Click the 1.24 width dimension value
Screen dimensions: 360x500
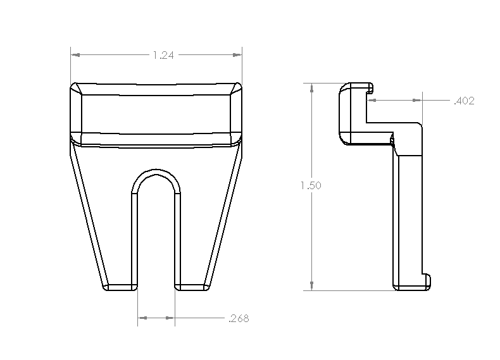point(163,56)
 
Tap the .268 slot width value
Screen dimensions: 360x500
point(238,319)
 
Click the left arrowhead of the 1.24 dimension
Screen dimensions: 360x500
point(75,56)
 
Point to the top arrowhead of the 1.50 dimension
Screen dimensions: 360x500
point(311,88)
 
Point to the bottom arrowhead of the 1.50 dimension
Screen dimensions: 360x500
point(311,286)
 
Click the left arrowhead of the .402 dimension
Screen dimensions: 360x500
point(372,100)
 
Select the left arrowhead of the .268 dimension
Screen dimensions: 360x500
point(142,318)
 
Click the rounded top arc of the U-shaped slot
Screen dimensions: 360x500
point(156,172)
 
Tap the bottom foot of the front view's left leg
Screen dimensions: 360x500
point(119,287)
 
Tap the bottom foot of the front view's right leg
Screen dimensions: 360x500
point(192,287)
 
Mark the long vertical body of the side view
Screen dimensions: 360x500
point(408,215)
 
